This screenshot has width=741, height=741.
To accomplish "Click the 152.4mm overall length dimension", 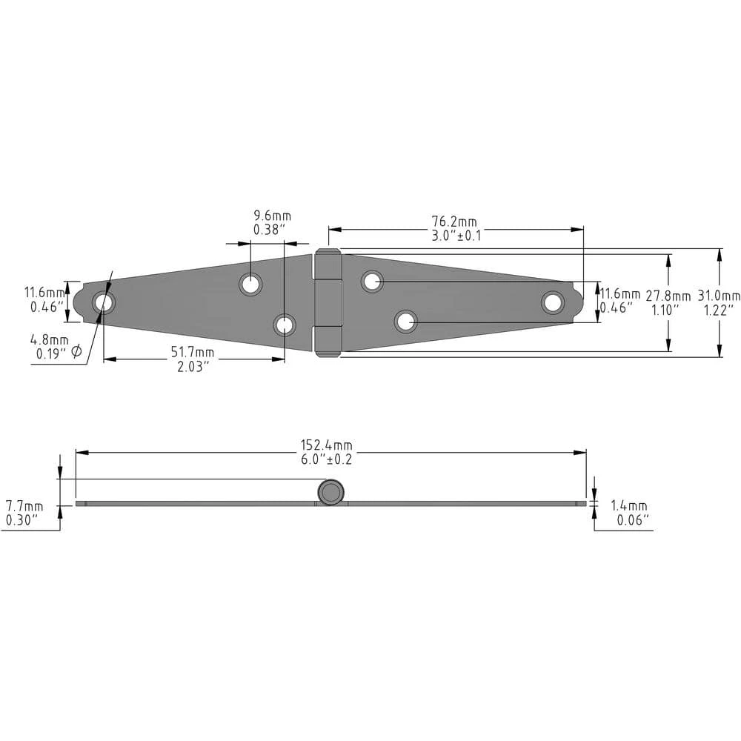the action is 327,445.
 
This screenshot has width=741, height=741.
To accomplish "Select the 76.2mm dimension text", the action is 454,221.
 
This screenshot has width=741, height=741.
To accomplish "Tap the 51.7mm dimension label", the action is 193,352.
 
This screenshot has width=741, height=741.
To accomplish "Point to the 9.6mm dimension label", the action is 272,216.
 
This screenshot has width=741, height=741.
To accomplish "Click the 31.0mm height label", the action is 719,296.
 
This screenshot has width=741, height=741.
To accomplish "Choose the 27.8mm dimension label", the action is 668,296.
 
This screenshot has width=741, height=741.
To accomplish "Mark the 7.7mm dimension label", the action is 24,506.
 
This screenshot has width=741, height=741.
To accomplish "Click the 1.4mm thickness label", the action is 629,505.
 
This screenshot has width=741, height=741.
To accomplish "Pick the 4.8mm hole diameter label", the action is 49,339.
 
